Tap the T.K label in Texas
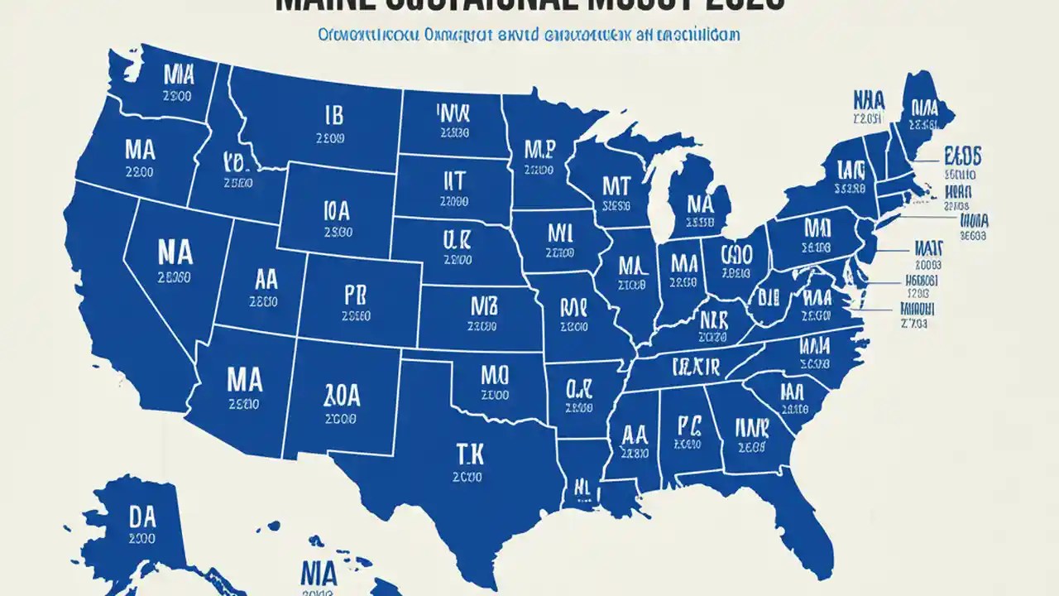(x=468, y=452)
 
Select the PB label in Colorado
(x=353, y=294)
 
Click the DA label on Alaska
(x=142, y=517)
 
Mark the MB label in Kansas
(x=482, y=306)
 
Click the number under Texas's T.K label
(x=468, y=477)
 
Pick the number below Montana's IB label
(x=331, y=139)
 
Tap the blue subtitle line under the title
(x=529, y=36)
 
